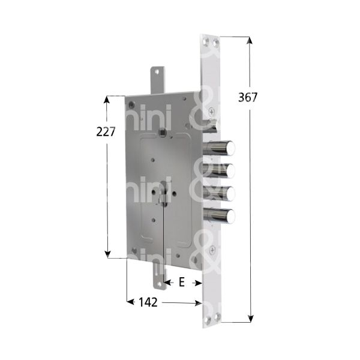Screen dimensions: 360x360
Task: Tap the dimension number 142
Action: coord(146,302)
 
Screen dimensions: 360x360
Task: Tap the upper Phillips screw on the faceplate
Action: coord(213,112)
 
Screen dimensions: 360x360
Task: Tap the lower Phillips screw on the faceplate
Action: coord(214,250)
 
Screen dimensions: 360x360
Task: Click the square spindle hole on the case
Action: coord(162,131)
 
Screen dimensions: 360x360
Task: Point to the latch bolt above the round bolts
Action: coord(211,124)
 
